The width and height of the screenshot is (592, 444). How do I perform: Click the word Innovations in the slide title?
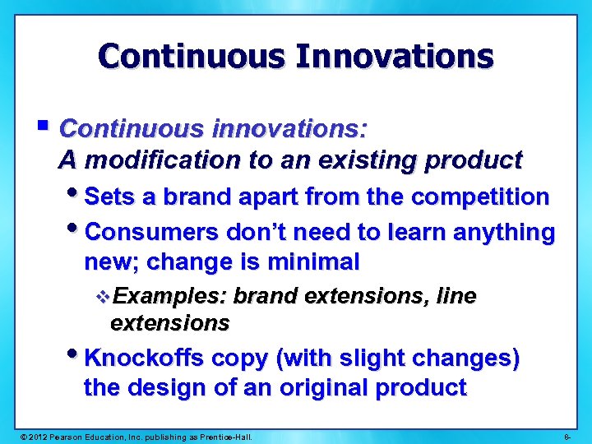pyautogui.click(x=395, y=57)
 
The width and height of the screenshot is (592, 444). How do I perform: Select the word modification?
pyautogui.click(x=162, y=160)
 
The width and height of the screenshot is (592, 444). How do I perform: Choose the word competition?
pyautogui.click(x=480, y=197)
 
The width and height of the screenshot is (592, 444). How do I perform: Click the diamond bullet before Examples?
pyautogui.click(x=103, y=297)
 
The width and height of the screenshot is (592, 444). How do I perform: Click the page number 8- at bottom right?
pyautogui.click(x=569, y=434)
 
